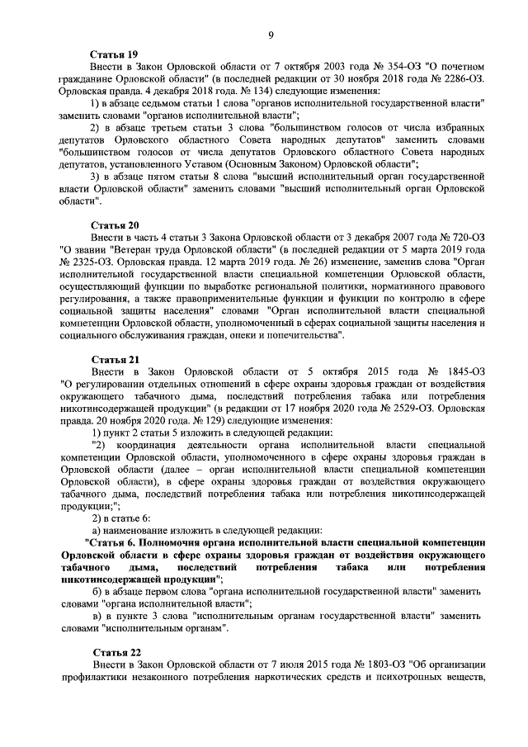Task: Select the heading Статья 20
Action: tap(115, 225)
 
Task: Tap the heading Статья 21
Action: tap(115, 358)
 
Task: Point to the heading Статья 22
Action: tap(115, 652)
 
